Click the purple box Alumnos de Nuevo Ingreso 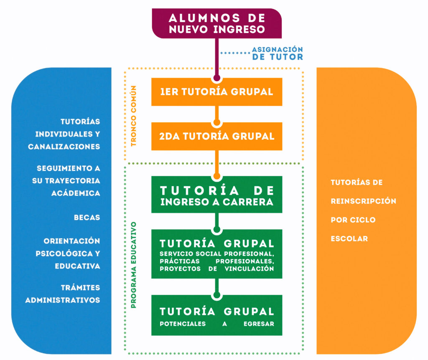pyautogui.click(x=217, y=23)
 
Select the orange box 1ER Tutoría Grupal pyautogui.click(x=217, y=92)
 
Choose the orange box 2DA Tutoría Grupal pyautogui.click(x=217, y=136)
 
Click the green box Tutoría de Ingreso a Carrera pyautogui.click(x=217, y=195)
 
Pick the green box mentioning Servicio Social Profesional pyautogui.click(x=217, y=254)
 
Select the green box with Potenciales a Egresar pyautogui.click(x=217, y=316)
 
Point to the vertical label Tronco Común pyautogui.click(x=134, y=116)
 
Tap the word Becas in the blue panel pyautogui.click(x=87, y=218)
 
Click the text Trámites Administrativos pyautogui.click(x=63, y=294)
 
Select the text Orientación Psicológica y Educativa pyautogui.click(x=72, y=254)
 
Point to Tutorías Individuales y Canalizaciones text pyautogui.click(x=65, y=134)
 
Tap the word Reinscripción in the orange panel pyautogui.click(x=363, y=201)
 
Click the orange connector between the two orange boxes pyautogui.click(x=217, y=113)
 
